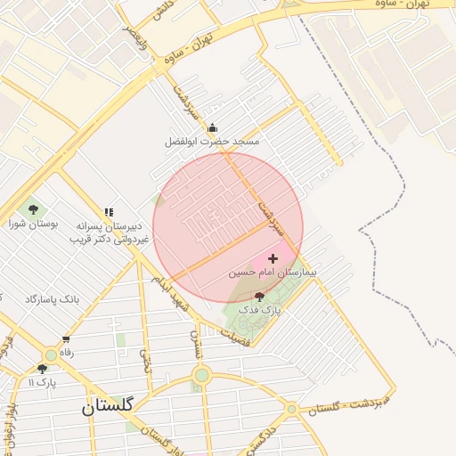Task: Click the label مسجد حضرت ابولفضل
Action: click(x=212, y=142)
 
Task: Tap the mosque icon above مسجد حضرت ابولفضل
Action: click(x=212, y=127)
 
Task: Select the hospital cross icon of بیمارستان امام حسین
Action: click(x=273, y=257)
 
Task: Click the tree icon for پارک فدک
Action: click(x=259, y=296)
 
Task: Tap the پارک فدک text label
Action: click(x=265, y=310)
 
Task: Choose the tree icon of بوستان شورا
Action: click(x=34, y=210)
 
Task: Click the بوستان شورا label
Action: click(x=34, y=224)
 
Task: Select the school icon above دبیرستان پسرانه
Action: click(x=109, y=212)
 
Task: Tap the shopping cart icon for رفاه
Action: click(x=66, y=339)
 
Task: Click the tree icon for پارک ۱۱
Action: click(x=42, y=369)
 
